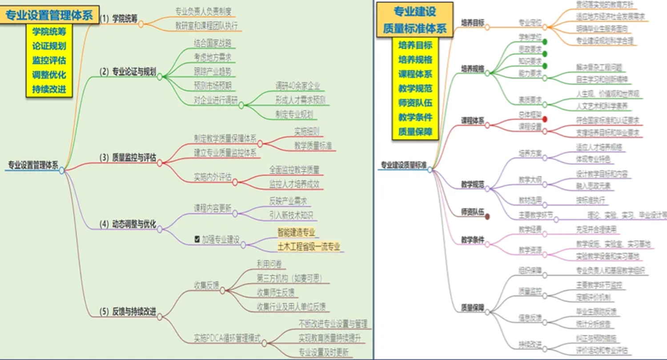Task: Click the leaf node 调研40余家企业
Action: tap(297, 86)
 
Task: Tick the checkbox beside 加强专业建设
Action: tap(197, 239)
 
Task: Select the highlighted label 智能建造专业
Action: tap(296, 232)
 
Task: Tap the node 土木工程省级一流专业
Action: tap(308, 247)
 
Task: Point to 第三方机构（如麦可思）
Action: tap(289, 279)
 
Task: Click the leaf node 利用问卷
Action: tap(269, 264)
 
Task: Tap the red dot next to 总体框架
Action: tap(544, 119)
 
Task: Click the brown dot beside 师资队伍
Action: tap(487, 217)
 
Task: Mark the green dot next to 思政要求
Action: tap(544, 53)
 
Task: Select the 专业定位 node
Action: tap(530, 21)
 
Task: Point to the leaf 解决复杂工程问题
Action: tap(599, 67)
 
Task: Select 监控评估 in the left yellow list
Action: tap(49, 61)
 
